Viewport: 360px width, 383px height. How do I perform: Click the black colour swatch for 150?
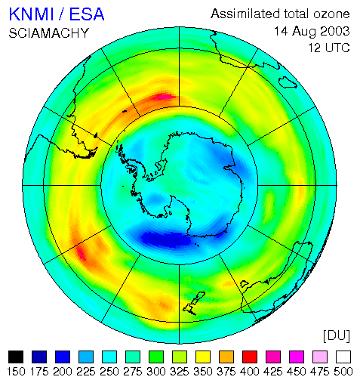click(16, 357)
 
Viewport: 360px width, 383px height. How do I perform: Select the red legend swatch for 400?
click(250, 357)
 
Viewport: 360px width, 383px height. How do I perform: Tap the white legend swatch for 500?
click(343, 357)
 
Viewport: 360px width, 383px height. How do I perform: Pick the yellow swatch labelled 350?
click(203, 357)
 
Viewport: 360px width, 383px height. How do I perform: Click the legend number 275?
click(133, 372)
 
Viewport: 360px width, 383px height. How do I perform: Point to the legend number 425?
click(273, 372)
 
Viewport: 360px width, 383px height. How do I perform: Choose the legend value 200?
click(63, 372)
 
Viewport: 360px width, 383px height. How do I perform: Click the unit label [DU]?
click(337, 336)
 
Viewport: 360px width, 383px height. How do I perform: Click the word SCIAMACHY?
click(49, 33)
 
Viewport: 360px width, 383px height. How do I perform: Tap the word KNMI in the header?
click(32, 14)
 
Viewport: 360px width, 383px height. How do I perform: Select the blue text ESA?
click(87, 14)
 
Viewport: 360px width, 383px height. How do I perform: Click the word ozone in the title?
click(331, 14)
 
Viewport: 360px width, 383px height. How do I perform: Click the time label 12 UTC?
click(329, 48)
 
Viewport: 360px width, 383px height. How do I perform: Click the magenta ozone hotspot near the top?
click(164, 97)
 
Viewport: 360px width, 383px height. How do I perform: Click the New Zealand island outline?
click(194, 304)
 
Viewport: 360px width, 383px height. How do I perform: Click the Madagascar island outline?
click(288, 82)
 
